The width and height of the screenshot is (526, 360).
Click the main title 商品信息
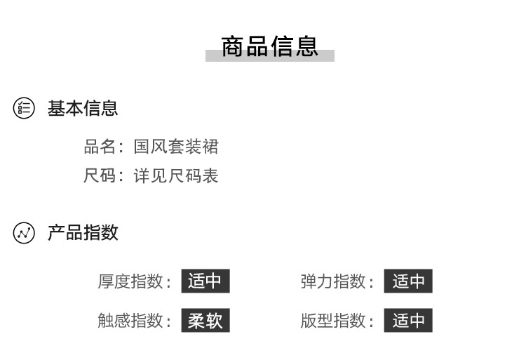point(270,46)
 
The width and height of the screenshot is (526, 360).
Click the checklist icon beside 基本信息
point(24,108)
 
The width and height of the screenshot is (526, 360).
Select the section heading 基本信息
point(83,108)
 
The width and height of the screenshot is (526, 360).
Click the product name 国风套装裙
point(176,147)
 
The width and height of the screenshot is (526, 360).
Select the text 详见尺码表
point(176,175)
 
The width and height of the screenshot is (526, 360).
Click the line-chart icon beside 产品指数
point(24,233)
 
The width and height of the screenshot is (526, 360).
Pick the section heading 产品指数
point(83,232)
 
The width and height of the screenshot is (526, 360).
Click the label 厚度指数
point(130,281)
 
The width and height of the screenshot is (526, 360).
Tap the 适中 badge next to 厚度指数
point(205,281)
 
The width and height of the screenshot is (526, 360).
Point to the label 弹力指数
point(333,281)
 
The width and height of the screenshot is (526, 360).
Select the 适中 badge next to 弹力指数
point(408,281)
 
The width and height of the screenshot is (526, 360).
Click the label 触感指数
point(130,321)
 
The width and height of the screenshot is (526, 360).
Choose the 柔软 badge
point(205,320)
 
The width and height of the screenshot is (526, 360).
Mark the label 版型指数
point(333,321)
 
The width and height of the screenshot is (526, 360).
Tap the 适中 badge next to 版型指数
point(408,320)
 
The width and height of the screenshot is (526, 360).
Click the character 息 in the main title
point(306,46)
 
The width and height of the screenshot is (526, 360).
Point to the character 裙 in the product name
point(210,147)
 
